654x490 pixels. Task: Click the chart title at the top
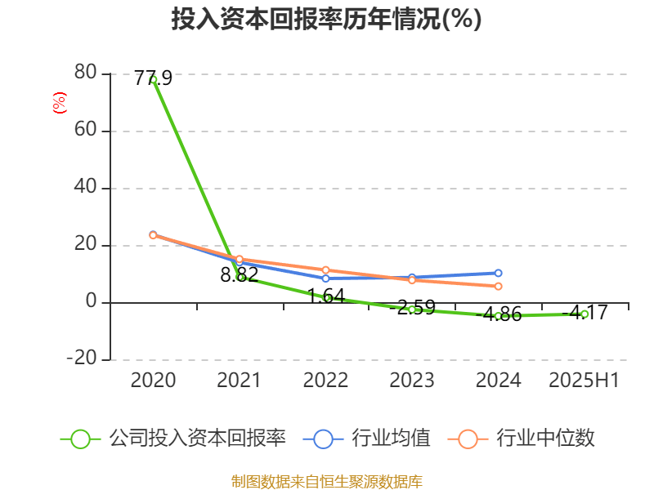pos(326,20)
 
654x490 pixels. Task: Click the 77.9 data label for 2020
pos(153,78)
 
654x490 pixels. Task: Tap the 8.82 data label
pos(240,274)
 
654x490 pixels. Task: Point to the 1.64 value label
pos(326,295)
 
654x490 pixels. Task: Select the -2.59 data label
pos(412,308)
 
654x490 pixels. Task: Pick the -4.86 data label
pos(499,314)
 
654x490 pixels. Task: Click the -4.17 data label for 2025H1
pos(585,312)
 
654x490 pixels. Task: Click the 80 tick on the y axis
pos(85,73)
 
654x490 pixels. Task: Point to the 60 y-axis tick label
pos(85,131)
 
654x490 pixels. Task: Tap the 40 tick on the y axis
pos(85,188)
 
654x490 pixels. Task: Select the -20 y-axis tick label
pos(80,359)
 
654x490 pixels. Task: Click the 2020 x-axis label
pos(153,380)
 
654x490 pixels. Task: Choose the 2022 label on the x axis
pos(325,380)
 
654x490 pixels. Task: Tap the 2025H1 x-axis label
pos(584,380)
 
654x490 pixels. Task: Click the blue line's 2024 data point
pos(498,273)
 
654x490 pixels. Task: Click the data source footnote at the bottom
pos(326,481)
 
